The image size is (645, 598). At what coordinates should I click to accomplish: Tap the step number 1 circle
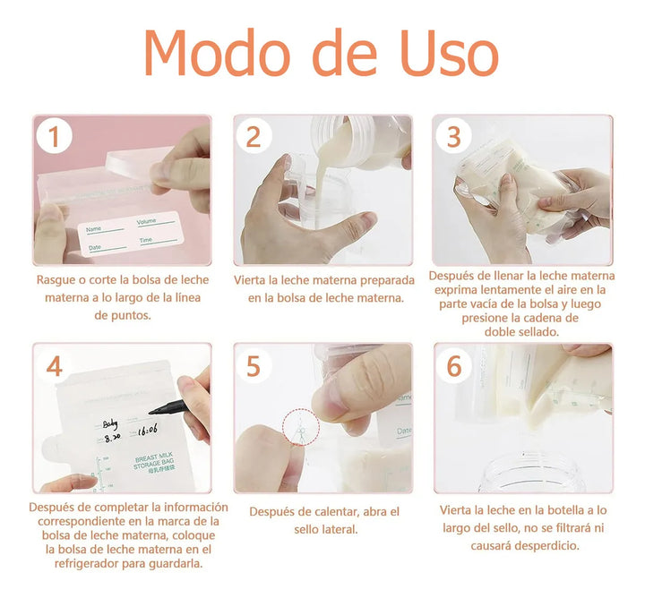55,137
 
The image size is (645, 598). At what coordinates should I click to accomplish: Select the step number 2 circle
254,137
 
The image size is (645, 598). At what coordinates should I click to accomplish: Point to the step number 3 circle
454,137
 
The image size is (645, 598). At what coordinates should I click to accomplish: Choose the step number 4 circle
55,366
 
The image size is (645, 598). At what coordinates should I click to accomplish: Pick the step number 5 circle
254,366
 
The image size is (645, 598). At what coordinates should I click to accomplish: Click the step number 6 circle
454,366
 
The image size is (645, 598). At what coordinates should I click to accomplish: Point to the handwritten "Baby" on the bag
110,424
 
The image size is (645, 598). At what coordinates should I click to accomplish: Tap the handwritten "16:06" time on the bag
148,430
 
